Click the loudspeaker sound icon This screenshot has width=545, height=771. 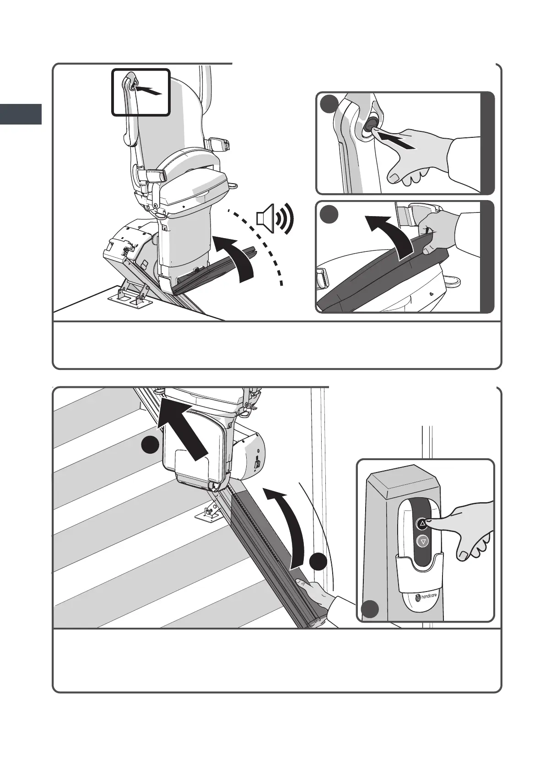click(x=275, y=218)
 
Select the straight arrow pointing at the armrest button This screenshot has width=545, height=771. click(x=396, y=141)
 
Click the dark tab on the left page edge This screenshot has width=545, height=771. click(x=21, y=114)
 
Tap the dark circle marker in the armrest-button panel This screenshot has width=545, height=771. click(x=329, y=104)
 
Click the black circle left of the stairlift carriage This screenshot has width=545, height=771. click(x=151, y=445)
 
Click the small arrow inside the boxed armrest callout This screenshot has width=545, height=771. click(x=148, y=91)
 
